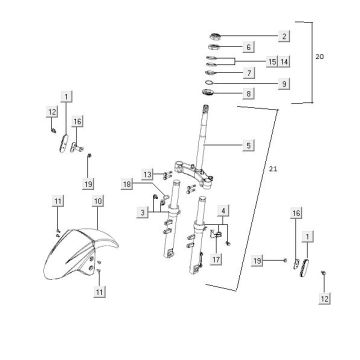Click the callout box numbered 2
coord(284,36)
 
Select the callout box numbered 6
coord(248,47)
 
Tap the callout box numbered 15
coord(272,62)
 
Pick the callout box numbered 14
coord(284,62)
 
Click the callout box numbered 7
coord(249,72)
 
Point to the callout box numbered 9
coord(284,83)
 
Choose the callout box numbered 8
coord(248,93)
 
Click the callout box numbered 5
coord(248,145)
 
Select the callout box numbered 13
coord(147,174)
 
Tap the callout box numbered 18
coord(126,184)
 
